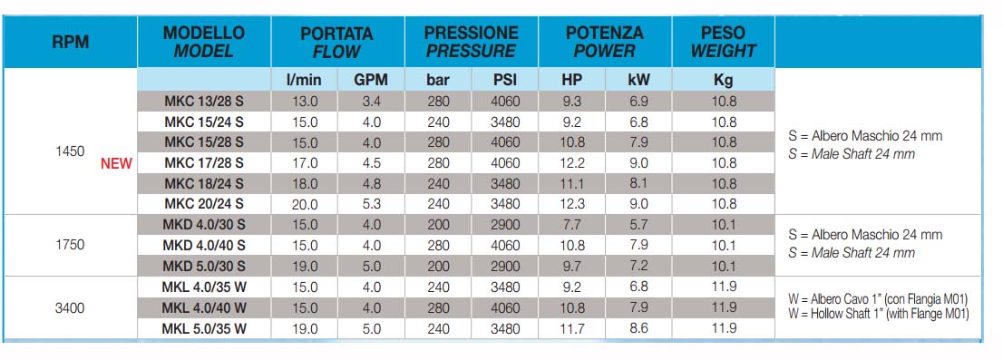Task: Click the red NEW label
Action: (x=116, y=164)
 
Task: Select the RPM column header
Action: (x=70, y=43)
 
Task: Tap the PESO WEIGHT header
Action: (x=723, y=42)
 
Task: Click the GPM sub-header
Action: (x=371, y=81)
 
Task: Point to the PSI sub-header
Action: (x=505, y=81)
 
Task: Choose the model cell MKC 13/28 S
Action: (x=204, y=101)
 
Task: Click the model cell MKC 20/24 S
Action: (x=204, y=204)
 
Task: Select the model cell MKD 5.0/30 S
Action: (x=204, y=266)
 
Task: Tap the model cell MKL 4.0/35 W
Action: (x=204, y=287)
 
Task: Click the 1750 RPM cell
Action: (x=70, y=245)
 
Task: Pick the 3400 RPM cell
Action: (x=70, y=308)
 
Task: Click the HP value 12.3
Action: (x=571, y=204)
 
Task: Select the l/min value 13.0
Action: (x=305, y=101)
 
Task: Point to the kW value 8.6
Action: (x=638, y=328)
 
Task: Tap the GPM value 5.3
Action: (x=371, y=204)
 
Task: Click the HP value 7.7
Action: (x=571, y=225)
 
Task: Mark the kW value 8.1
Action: (x=638, y=183)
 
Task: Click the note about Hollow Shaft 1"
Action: (x=878, y=314)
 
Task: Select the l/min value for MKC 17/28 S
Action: (x=305, y=163)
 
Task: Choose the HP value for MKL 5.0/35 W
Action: (x=571, y=328)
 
